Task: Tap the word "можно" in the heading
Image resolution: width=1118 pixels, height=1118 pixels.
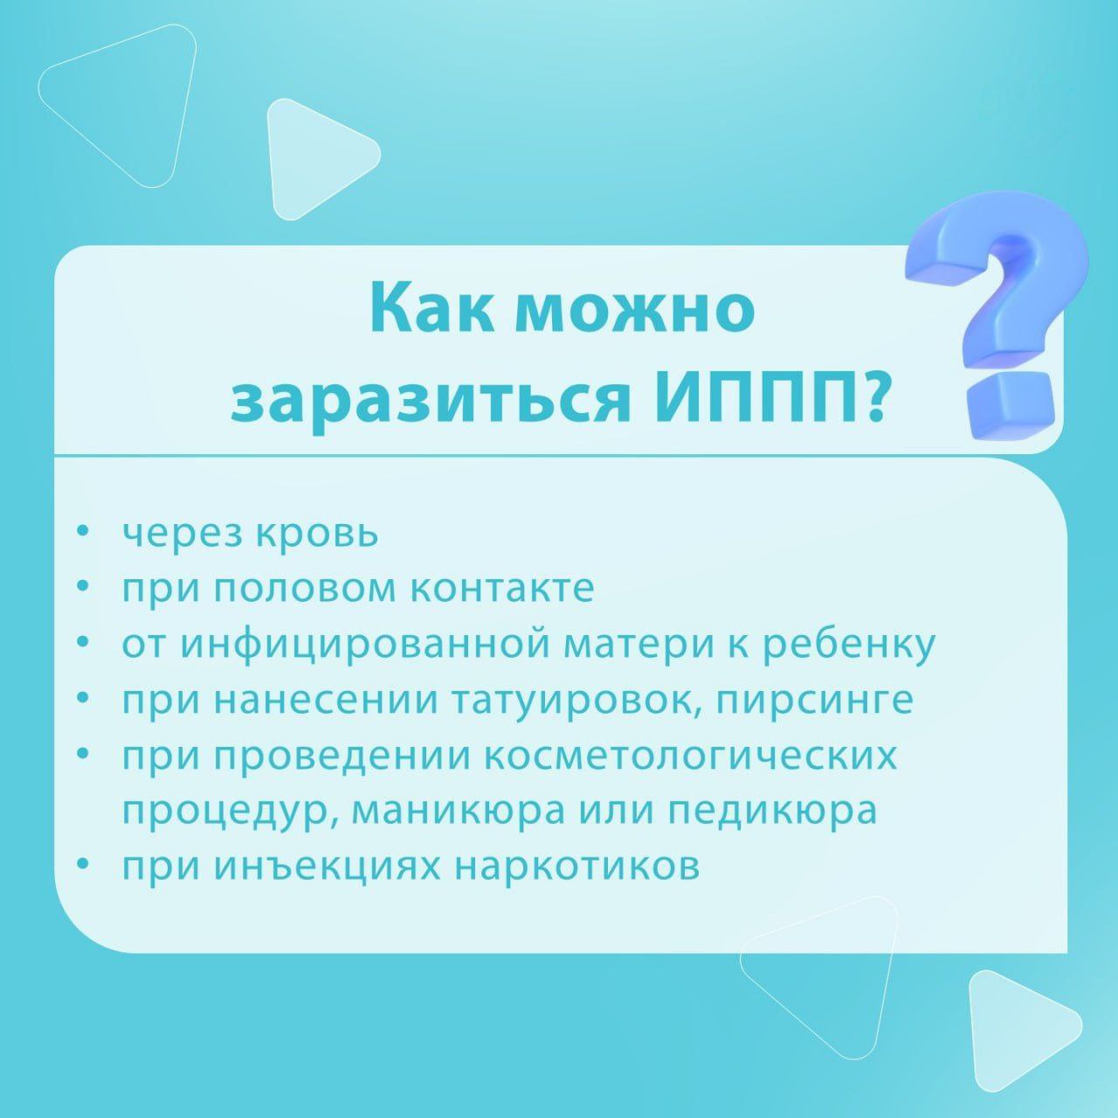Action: tap(638, 310)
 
